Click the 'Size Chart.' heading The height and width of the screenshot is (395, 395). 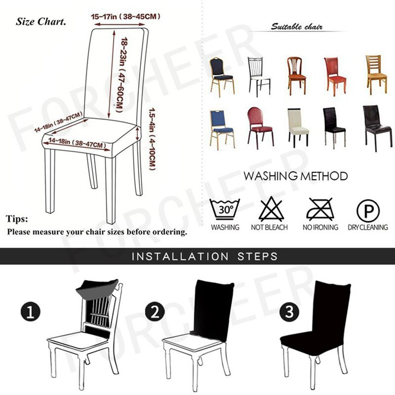pos(41,22)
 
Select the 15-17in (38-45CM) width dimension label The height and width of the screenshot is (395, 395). pos(126,17)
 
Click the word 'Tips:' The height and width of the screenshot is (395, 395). pos(17,219)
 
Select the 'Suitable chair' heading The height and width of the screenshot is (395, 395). pos(297,27)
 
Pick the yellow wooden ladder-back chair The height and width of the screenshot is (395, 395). pos(376,75)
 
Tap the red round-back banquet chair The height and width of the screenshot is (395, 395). pos(259,126)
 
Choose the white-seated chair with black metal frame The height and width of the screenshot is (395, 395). pos(259,76)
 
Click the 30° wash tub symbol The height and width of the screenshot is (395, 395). pos(225,210)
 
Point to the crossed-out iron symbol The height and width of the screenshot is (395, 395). pos(319,209)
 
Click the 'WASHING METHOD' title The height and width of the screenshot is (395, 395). pos(296,176)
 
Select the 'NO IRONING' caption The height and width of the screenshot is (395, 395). pos(320,228)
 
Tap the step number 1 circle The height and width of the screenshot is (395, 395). pos(31,312)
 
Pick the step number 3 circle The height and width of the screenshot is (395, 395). pos(289,312)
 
